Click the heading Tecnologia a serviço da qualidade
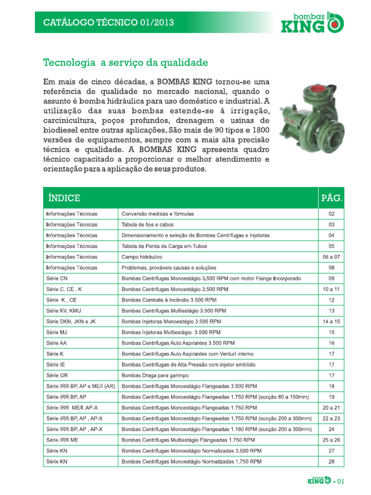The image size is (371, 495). (126, 63)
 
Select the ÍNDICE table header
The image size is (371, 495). (64, 198)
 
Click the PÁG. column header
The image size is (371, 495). (332, 198)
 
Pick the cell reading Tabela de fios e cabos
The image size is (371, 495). (148, 224)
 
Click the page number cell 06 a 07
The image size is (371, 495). (331, 257)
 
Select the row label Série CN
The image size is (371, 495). (57, 278)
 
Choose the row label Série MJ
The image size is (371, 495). (57, 333)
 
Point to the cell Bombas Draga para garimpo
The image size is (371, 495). (155, 376)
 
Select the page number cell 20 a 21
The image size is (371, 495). (331, 408)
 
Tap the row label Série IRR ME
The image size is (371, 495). (61, 440)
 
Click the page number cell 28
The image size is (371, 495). (331, 462)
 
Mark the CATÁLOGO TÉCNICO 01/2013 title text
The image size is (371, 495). (109, 22)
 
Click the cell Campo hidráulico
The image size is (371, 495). (142, 257)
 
